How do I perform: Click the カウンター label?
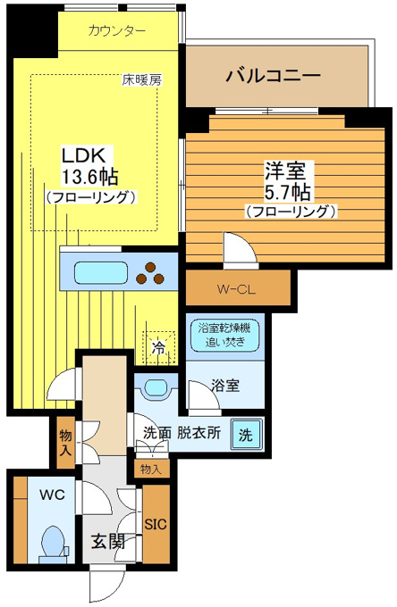tap(117, 30)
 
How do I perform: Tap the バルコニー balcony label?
tap(274, 75)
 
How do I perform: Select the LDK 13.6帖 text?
tap(89, 166)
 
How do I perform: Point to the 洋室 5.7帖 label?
tap(288, 181)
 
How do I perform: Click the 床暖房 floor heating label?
tap(142, 79)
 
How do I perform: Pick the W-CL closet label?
tap(236, 289)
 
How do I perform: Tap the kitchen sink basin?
tap(101, 273)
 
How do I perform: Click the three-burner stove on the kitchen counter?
tap(150, 273)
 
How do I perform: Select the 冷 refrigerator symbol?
tap(158, 347)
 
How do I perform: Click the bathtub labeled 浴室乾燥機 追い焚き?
tap(224, 336)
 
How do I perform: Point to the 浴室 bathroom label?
tap(225, 386)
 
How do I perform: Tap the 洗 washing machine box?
tap(247, 435)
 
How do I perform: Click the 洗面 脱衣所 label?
tap(182, 433)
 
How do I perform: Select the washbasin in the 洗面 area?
tap(156, 388)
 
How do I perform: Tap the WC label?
tap(53, 495)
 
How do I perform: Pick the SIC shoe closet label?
tap(156, 525)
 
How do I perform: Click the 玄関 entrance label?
tap(108, 542)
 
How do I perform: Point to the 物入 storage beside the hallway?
tap(65, 442)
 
